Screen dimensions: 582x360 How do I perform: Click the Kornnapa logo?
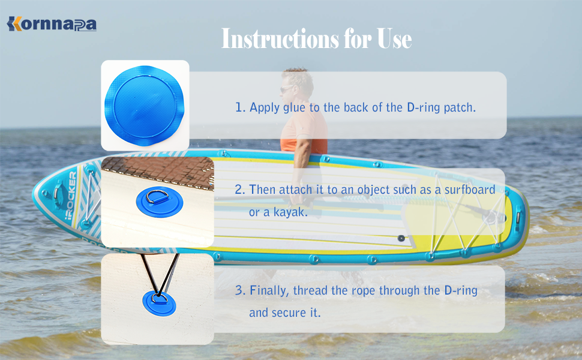pos(52,24)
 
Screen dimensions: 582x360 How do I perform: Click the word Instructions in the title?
pos(280,38)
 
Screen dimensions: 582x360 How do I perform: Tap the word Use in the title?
pos(394,39)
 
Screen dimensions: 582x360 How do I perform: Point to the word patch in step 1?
pos(460,107)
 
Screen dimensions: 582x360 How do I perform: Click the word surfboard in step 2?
pos(470,190)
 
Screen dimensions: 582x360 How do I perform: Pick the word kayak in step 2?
pos(290,212)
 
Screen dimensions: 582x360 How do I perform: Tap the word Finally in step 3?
pos(269,290)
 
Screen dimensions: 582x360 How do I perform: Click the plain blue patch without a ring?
pos(145,106)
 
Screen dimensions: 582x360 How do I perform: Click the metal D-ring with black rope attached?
pos(160,298)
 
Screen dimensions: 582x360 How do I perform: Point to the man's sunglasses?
pos(286,89)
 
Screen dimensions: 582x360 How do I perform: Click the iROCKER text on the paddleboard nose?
pos(71,195)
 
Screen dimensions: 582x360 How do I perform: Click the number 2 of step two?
pos(240,190)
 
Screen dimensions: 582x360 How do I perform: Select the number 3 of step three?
pos(240,290)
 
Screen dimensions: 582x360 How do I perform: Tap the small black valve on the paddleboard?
pos(401,238)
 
